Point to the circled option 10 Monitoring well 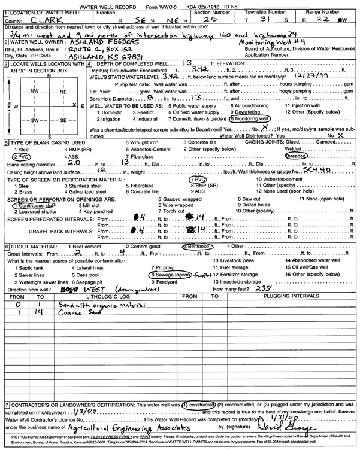click(247, 118)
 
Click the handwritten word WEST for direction click(66, 288)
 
